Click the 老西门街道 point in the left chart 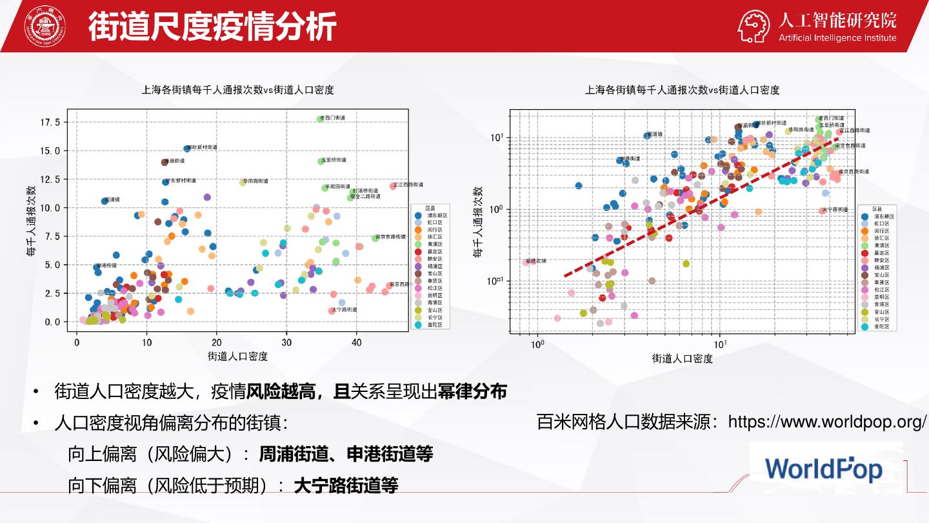click(320, 119)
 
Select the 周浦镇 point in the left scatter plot click(105, 201)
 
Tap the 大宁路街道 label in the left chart click(345, 310)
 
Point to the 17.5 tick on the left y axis click(50, 122)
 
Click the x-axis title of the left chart click(237, 356)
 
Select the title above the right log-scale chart click(682, 90)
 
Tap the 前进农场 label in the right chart click(536, 261)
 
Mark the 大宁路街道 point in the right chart click(822, 211)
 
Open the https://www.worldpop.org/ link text click(827, 422)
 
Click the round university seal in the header click(45, 26)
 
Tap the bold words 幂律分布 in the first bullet click(472, 391)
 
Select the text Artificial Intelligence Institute click(837, 37)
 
